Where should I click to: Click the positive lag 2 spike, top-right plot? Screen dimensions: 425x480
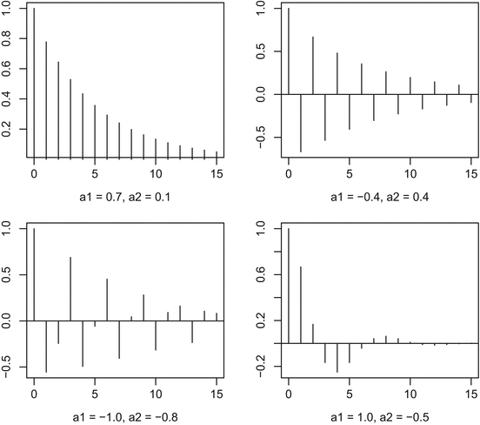(313, 66)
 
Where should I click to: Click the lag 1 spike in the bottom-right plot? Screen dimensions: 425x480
(301, 305)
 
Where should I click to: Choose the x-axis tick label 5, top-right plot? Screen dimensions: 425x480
(350, 173)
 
